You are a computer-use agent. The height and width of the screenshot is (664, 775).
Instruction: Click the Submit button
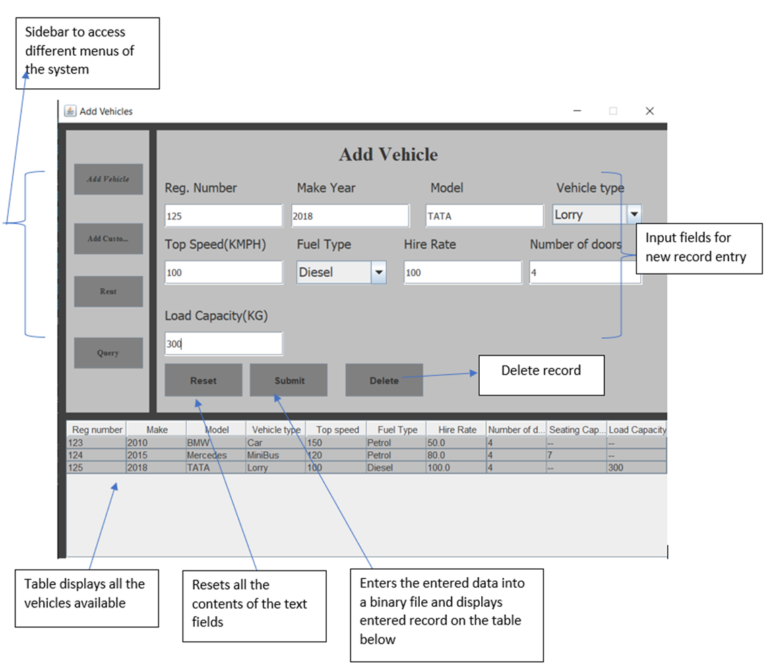(x=288, y=380)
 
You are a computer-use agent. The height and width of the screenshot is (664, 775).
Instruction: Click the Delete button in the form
(x=383, y=380)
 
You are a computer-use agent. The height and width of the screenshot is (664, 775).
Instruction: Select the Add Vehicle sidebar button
(x=108, y=179)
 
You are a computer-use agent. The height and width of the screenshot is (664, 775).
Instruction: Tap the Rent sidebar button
(x=108, y=292)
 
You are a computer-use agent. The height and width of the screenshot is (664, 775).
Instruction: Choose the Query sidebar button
(x=108, y=353)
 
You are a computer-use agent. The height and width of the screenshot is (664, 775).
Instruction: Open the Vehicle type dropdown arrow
(x=633, y=215)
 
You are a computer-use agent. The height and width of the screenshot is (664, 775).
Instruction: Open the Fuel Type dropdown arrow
(x=378, y=273)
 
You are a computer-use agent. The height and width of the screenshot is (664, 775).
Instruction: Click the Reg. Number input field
(x=223, y=216)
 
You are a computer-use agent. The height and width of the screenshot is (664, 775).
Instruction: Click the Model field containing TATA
(x=483, y=216)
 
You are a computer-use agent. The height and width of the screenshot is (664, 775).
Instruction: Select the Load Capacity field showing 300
(x=223, y=343)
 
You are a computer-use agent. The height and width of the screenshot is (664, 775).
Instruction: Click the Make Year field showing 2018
(x=350, y=216)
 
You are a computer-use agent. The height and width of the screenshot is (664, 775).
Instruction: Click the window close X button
(x=649, y=111)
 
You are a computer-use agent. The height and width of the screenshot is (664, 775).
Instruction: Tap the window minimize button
(x=577, y=111)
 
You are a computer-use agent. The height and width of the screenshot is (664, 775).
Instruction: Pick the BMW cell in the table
(x=216, y=443)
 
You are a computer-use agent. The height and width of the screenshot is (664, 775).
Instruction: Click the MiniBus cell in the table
(x=275, y=455)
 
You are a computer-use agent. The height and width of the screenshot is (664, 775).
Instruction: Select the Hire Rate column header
(x=456, y=430)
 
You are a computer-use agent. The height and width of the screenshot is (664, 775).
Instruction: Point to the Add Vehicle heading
(x=387, y=155)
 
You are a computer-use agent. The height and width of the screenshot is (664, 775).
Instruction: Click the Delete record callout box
(x=540, y=375)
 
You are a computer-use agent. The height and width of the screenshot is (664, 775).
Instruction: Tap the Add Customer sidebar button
(x=108, y=239)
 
